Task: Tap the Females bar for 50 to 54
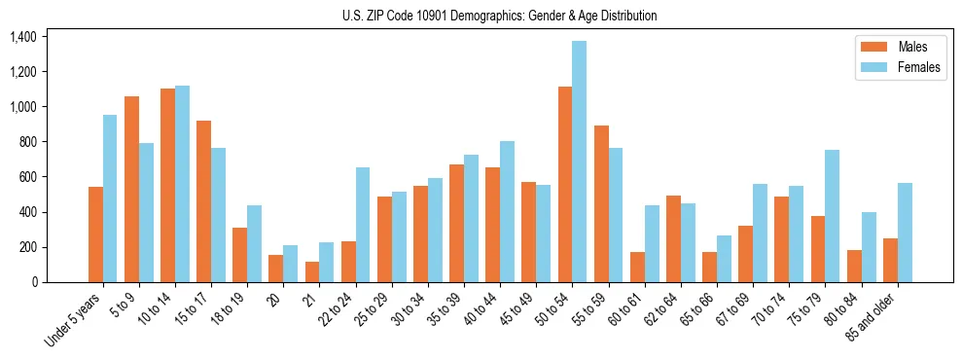tap(579, 162)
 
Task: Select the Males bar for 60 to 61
tap(637, 267)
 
